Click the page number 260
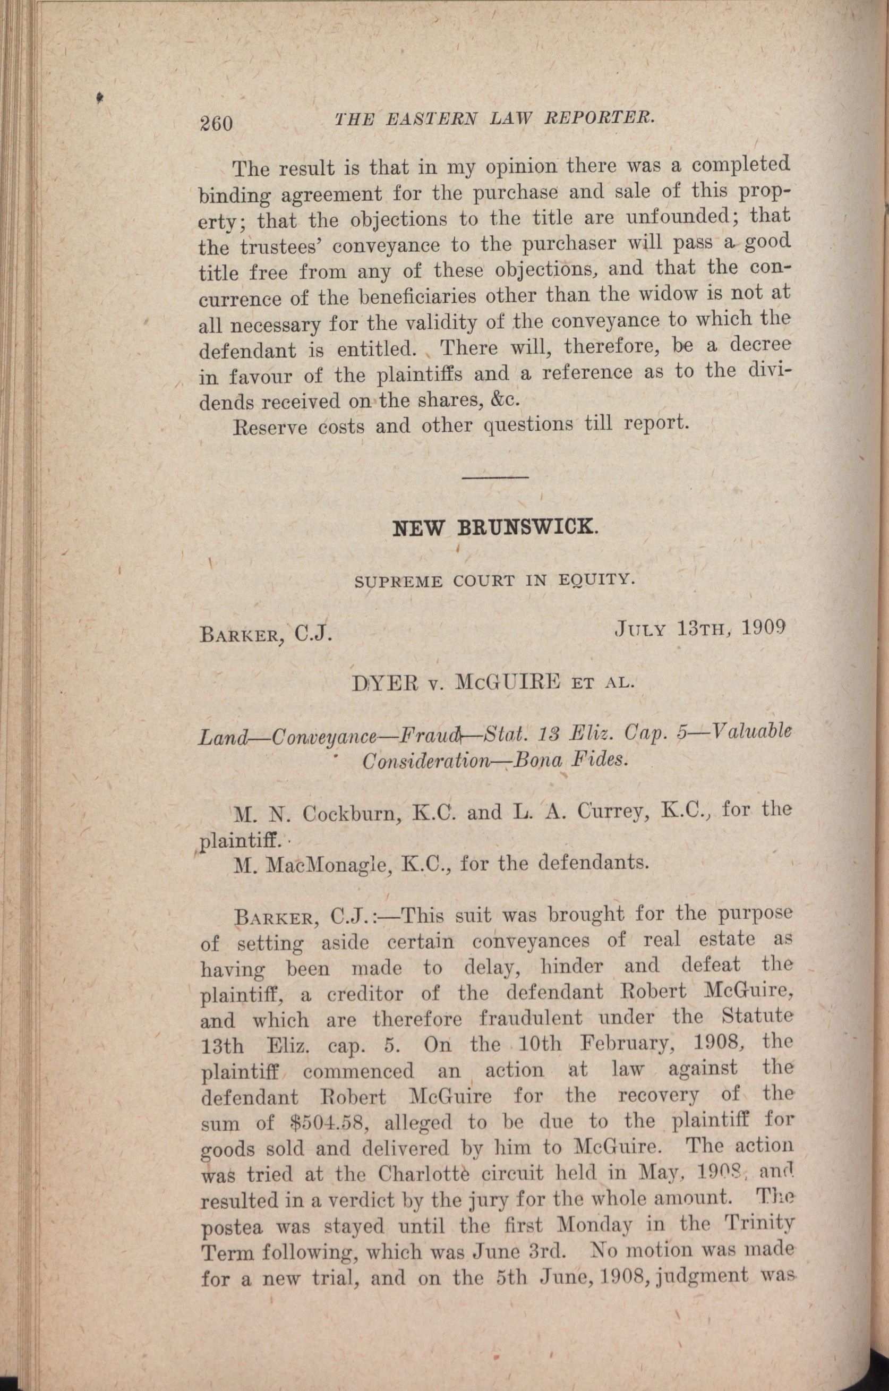215,123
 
